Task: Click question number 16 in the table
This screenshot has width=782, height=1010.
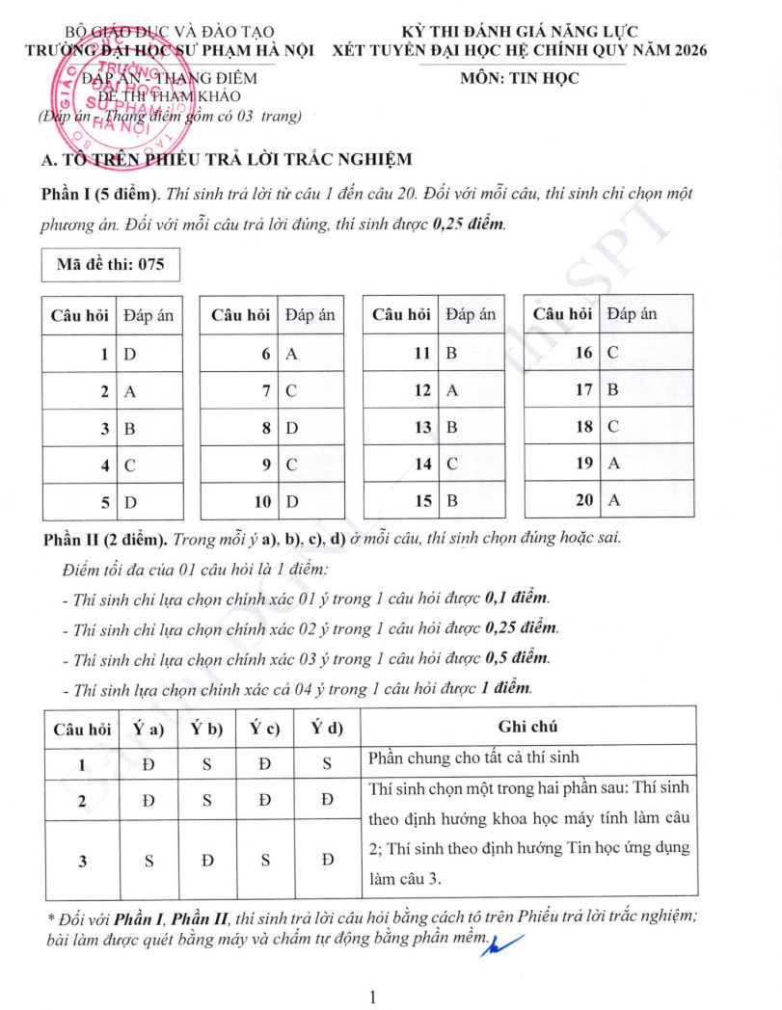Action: click(x=583, y=353)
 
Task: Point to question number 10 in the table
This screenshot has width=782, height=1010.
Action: click(x=262, y=502)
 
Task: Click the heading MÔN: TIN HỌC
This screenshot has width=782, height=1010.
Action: click(x=521, y=79)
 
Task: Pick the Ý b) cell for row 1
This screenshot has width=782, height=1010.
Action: click(x=207, y=763)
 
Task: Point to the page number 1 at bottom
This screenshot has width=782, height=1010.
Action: click(x=372, y=996)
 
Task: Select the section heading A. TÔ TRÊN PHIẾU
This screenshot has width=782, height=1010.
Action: click(x=227, y=159)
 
